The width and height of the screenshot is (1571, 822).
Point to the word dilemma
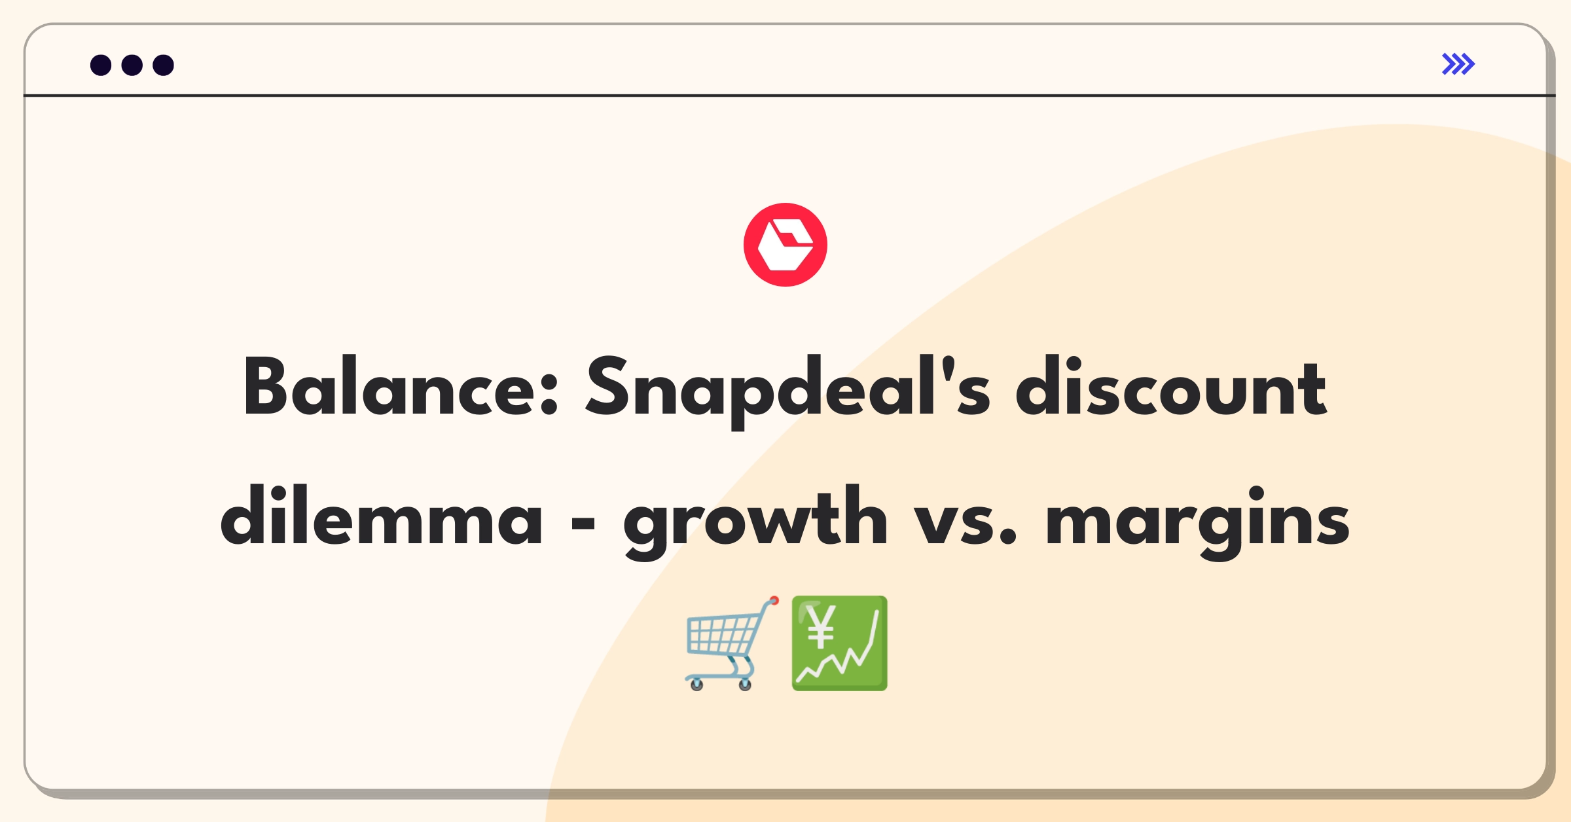381,515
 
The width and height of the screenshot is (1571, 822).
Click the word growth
755,521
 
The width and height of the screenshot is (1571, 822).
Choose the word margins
1197,522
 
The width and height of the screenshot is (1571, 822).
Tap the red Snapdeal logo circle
785,245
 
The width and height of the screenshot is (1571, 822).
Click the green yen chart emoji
839,643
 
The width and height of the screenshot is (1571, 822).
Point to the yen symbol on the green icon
821,626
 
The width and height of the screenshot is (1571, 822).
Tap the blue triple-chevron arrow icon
1458,64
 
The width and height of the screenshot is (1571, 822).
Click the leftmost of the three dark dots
101,65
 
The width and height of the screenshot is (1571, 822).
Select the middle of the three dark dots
132,65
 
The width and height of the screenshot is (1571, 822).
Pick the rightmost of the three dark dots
164,65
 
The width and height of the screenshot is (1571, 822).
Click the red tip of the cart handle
774,600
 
